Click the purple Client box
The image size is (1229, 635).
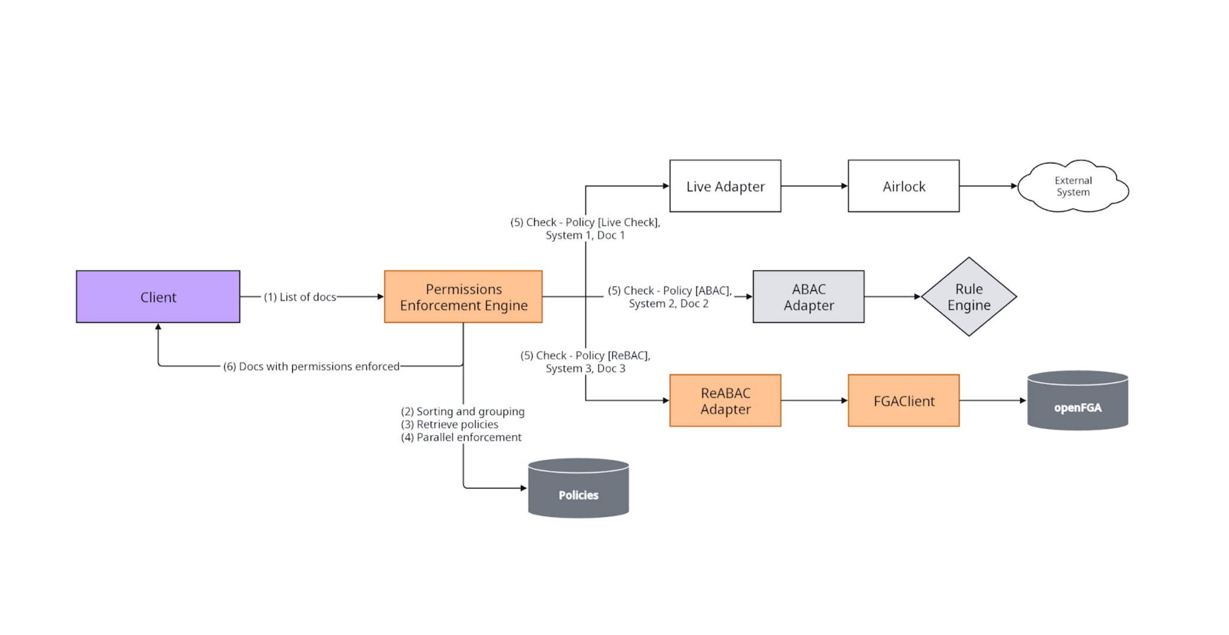[158, 296]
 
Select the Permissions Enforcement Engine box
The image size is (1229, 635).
[463, 296]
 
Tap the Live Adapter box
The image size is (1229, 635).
[725, 186]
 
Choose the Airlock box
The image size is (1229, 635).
[903, 186]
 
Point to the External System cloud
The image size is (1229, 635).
[1073, 186]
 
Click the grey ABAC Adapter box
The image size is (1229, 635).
[808, 296]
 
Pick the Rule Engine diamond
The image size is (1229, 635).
[969, 296]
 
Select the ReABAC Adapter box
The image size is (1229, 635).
[725, 401]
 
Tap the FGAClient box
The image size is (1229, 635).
[903, 401]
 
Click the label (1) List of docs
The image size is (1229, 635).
[300, 297]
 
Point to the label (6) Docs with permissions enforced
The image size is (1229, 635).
[311, 366]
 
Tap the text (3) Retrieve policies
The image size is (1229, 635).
[450, 425]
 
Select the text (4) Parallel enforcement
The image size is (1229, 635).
[462, 438]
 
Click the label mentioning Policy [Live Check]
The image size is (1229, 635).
[585, 229]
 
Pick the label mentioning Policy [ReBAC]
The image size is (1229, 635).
[585, 362]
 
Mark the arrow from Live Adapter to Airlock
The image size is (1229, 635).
[814, 186]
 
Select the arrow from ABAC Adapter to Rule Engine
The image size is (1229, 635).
[892, 296]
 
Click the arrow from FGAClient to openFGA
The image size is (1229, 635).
[993, 401]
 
